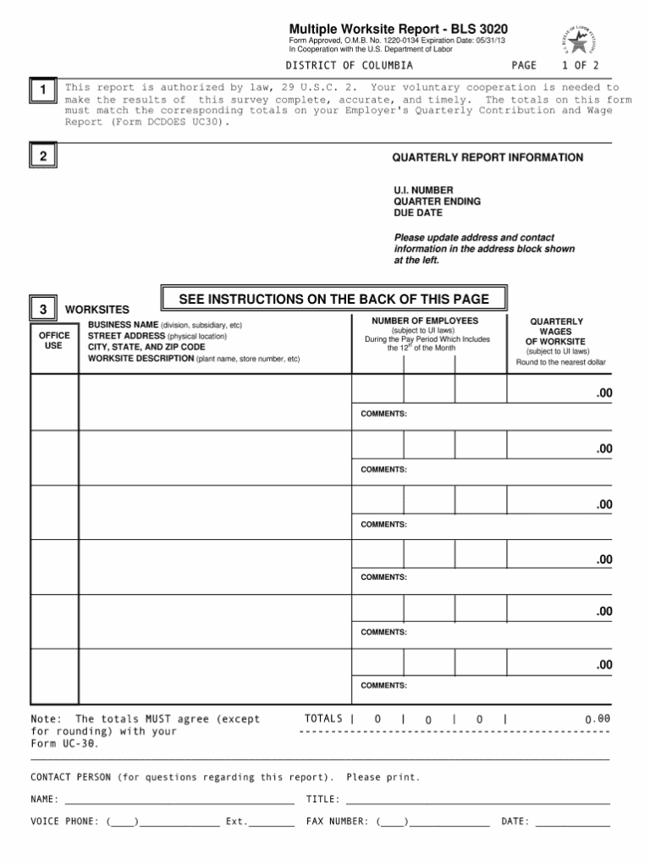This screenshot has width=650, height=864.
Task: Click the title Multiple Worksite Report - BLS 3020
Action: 399,29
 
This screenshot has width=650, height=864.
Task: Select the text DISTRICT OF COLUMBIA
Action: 349,65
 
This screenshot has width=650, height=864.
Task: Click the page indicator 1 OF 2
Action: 580,65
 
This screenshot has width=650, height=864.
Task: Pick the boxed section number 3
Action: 43,309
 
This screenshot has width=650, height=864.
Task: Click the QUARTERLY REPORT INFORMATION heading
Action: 487,157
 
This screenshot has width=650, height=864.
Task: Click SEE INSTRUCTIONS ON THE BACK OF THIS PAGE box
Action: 334,300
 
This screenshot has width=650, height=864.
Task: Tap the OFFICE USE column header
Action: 54,340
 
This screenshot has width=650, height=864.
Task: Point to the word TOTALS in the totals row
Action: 323,718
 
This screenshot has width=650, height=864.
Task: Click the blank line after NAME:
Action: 179,800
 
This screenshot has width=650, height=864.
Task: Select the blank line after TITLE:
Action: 478,800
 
